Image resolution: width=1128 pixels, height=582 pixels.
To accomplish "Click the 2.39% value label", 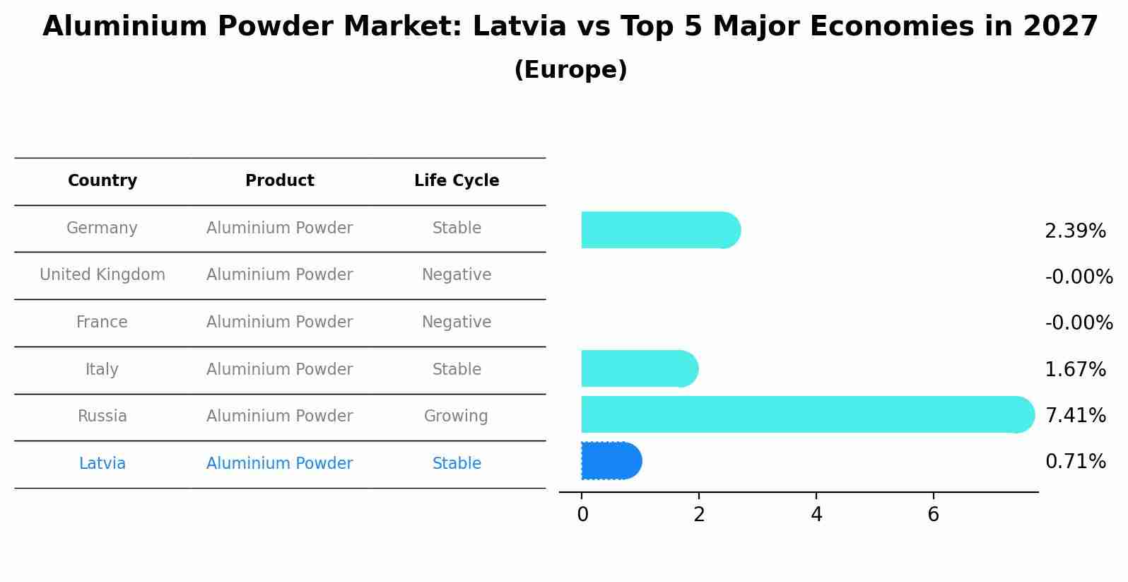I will coord(1074,231).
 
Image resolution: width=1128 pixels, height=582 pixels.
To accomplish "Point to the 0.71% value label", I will coord(1074,462).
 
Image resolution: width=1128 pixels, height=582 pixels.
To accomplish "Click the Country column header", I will coord(102,181).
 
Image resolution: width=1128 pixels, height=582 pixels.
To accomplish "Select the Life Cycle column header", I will coord(457,181).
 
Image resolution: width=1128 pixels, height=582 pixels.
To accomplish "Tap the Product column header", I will coord(279,181).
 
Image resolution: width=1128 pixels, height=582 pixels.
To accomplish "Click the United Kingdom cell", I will coord(102,275).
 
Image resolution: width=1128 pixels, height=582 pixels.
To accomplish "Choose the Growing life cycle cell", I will coord(456,417).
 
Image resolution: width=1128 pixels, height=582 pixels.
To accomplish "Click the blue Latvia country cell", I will coord(102,464).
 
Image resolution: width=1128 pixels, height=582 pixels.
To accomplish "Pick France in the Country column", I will coord(102,322).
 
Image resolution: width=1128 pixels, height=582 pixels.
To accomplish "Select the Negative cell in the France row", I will coord(457,322).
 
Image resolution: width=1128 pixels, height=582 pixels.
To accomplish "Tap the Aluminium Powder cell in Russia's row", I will coord(279,417).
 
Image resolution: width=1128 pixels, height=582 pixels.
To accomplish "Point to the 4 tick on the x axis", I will coord(816,515).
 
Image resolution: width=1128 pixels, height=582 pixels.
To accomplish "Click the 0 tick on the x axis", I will coord(582,515).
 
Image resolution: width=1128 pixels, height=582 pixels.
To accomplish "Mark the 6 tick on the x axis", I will coord(933,515).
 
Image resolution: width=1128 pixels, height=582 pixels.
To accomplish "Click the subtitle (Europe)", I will coord(570,70).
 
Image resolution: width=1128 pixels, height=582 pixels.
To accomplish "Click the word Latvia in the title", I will coord(519,27).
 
